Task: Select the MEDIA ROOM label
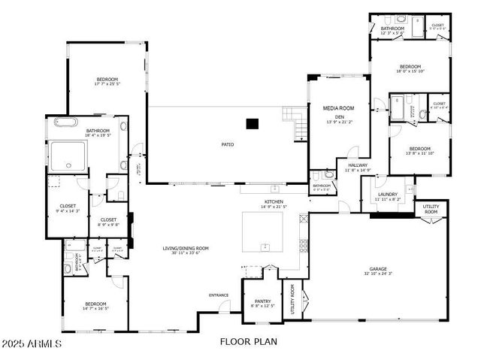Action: pos(338,108)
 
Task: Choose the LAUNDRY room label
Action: pos(387,194)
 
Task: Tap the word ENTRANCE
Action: pos(219,295)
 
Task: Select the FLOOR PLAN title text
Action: pos(249,342)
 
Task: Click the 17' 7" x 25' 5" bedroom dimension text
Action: pos(107,84)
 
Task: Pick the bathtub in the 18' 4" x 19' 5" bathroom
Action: pos(65,123)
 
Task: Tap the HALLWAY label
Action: pos(358,165)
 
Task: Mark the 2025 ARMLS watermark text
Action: pos(32,343)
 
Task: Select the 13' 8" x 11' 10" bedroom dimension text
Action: pos(419,153)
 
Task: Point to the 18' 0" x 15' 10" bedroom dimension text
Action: pos(410,71)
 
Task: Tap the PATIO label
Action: pos(226,144)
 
